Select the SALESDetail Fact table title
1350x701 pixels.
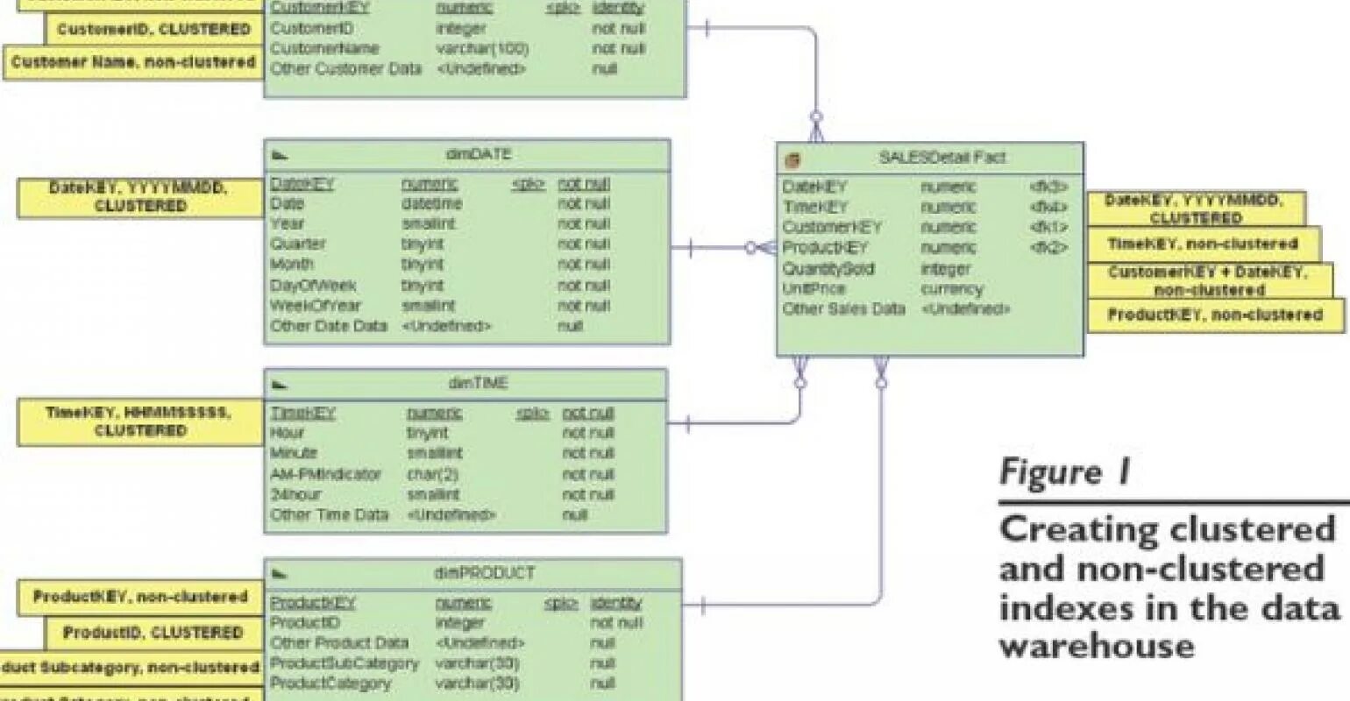[941, 158]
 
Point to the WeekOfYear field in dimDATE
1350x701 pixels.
[315, 306]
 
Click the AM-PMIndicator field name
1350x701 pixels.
[325, 474]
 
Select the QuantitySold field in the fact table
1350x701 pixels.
[828, 269]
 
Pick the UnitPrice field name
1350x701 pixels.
[814, 289]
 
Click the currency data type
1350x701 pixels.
[951, 289]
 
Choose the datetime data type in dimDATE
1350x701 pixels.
[431, 203]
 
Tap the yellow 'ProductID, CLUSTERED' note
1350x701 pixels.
[153, 633]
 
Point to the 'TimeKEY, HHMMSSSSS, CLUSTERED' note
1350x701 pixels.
[140, 421]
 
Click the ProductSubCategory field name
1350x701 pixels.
[344, 663]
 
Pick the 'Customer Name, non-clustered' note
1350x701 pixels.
[133, 63]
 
